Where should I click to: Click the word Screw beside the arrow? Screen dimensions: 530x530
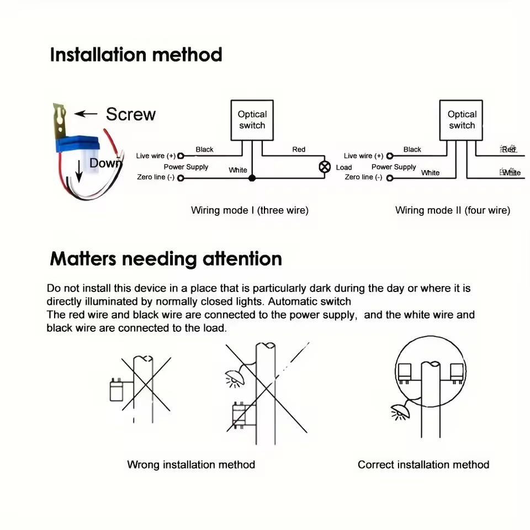point(131,114)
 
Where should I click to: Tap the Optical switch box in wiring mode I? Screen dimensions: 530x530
point(252,120)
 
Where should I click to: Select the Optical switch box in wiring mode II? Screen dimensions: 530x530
point(462,120)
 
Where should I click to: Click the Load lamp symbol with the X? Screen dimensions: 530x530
point(325,167)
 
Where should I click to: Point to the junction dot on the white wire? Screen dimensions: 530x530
point(252,178)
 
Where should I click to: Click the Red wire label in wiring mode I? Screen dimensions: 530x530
point(299,150)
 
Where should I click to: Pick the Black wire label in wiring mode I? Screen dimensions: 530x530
point(204,150)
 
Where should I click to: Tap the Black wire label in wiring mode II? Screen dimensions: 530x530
point(412,150)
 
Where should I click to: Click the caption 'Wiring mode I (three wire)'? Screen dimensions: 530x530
point(250,210)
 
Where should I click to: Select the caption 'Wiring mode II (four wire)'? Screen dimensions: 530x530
point(453,210)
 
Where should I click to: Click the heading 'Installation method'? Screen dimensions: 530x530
point(136,55)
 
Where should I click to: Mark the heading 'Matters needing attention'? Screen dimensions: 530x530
point(166,259)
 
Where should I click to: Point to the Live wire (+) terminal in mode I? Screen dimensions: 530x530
point(180,156)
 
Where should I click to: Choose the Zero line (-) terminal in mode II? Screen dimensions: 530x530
point(390,178)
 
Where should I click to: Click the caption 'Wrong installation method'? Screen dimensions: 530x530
point(191,465)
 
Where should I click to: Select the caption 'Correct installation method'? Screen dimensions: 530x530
point(423,465)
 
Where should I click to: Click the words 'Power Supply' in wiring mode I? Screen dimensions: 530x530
point(185,167)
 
